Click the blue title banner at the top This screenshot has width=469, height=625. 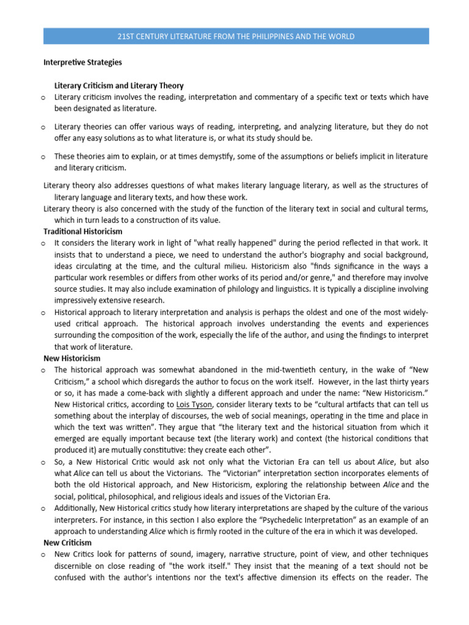236,37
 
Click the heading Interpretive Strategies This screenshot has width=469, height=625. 82,62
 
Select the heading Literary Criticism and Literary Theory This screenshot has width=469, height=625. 119,86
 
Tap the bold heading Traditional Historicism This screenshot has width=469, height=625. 82,231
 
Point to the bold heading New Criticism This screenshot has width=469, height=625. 67,542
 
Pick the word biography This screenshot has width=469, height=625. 326,254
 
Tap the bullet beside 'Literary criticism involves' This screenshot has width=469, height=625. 44,98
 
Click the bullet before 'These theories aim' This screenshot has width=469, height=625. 44,157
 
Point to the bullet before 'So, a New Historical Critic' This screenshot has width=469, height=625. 44,462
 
